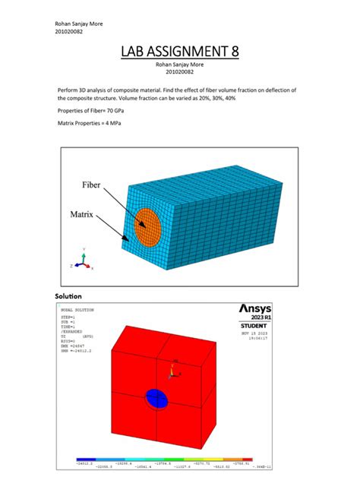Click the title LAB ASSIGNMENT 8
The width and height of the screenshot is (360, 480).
point(180,52)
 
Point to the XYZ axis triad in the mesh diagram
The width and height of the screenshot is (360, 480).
point(83,260)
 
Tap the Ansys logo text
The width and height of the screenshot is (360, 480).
point(260,309)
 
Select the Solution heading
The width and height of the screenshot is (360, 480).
point(68,295)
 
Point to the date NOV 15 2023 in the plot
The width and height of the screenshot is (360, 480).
point(252,333)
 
